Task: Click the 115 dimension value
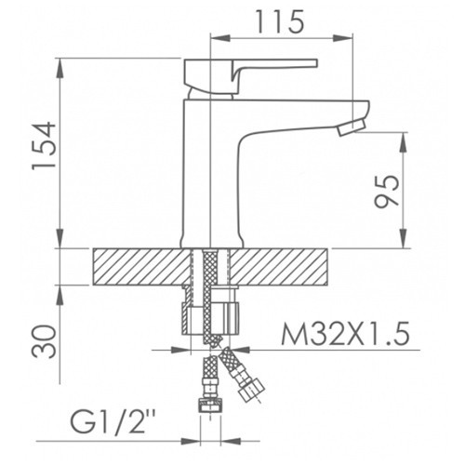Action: point(281,21)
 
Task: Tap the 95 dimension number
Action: point(387,192)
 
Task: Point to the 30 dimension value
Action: point(45,341)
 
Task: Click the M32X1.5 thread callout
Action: point(345,334)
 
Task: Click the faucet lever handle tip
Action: point(316,63)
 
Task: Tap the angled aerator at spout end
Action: point(352,128)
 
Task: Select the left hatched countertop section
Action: point(141,267)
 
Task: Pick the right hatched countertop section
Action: point(279,267)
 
